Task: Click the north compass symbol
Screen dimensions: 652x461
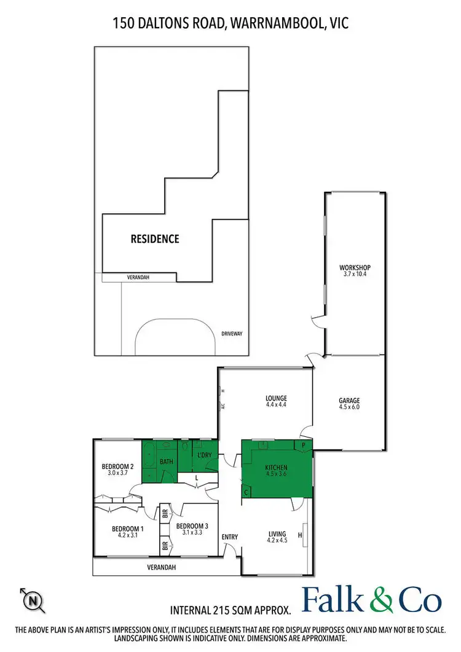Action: (x=33, y=600)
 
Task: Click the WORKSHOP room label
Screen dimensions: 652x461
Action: (x=355, y=268)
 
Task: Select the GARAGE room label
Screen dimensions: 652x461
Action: (x=349, y=401)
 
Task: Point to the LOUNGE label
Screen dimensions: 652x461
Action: (x=276, y=398)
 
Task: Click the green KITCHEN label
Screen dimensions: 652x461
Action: (x=276, y=468)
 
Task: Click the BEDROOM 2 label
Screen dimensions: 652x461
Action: (x=117, y=466)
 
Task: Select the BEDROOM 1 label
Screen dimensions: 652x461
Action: (x=128, y=528)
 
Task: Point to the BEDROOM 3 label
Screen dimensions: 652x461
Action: (x=192, y=526)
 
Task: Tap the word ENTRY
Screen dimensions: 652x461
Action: (x=230, y=537)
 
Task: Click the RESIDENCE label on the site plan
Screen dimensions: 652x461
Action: (x=154, y=238)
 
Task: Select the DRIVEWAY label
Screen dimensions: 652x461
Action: (x=232, y=334)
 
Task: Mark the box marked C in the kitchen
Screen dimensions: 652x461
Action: (x=247, y=492)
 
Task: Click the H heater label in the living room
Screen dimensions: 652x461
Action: (x=300, y=535)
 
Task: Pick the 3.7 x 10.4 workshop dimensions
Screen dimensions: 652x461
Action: (x=355, y=275)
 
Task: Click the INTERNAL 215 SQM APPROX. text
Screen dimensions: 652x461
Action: (x=230, y=610)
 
